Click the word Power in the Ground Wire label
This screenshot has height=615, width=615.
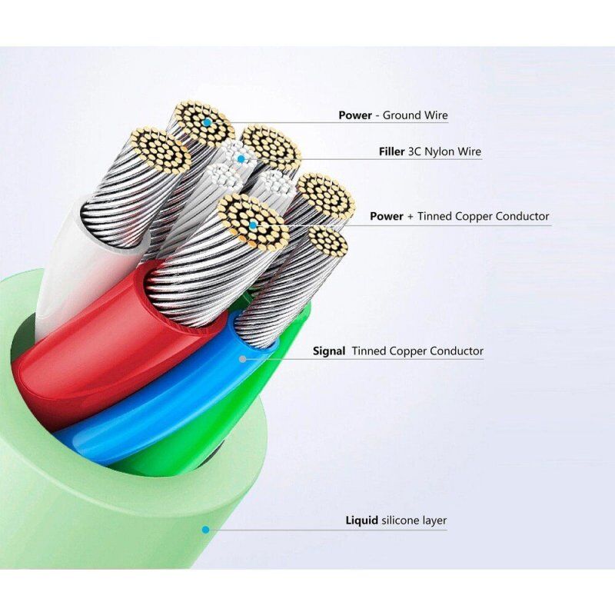(x=355, y=115)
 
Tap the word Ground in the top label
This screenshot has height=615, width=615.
(x=399, y=115)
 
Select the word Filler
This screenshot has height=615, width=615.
(x=391, y=151)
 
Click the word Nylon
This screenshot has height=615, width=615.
(x=441, y=151)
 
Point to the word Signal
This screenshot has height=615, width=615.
(x=329, y=351)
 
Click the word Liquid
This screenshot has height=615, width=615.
(x=361, y=521)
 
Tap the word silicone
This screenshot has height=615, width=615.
(x=400, y=520)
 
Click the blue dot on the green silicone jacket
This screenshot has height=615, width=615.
(x=205, y=530)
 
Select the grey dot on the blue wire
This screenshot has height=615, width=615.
(x=243, y=359)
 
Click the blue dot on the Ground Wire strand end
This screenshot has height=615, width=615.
(x=207, y=122)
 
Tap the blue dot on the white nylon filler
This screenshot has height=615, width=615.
(x=241, y=159)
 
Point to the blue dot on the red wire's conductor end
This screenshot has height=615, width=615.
(x=253, y=225)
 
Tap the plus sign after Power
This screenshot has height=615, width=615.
(x=411, y=217)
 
